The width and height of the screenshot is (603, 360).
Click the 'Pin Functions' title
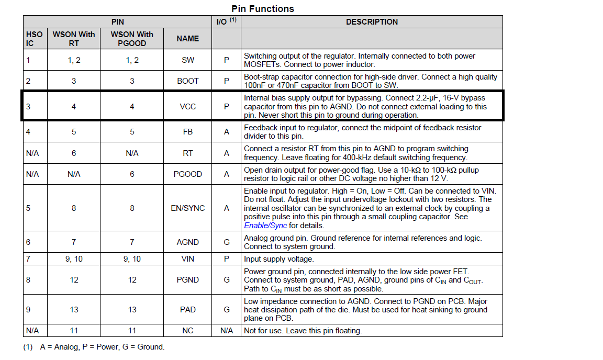[263, 9]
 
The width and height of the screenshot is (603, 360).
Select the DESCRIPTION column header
[372, 22]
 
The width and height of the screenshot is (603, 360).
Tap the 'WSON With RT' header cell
[74, 39]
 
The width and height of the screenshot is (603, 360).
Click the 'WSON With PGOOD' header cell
[132, 39]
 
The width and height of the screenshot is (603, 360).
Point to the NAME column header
[188, 39]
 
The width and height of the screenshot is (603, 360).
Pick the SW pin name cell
[188, 60]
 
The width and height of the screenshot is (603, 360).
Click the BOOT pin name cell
[188, 81]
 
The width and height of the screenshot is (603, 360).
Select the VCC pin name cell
[188, 107]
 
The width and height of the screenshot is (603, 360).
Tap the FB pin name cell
[188, 132]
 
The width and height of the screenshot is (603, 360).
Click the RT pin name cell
[188, 153]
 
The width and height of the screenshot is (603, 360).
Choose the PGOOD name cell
[188, 174]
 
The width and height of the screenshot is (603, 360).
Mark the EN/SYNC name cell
[188, 208]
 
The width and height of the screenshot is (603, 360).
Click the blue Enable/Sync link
[265, 226]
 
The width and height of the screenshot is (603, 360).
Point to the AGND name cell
[188, 242]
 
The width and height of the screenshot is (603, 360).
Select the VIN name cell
[188, 259]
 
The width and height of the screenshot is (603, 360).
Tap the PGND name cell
[188, 280]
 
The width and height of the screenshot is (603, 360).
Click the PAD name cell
[188, 310]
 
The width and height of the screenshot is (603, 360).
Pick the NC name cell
[188, 331]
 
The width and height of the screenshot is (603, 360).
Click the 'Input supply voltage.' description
[279, 259]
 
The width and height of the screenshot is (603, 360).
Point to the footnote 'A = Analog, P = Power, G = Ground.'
[102, 346]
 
